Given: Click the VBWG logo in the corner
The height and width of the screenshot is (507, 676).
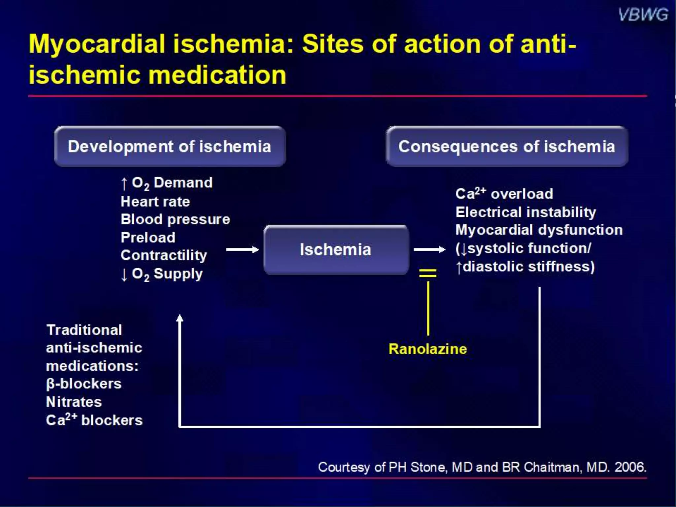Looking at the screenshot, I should click(643, 15).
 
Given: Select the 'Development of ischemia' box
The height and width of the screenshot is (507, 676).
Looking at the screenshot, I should click(170, 146).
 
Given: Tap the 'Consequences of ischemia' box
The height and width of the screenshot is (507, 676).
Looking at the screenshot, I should click(507, 146).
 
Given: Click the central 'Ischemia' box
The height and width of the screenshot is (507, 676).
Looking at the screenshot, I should click(336, 250).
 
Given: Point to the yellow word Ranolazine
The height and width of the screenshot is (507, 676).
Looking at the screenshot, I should click(428, 349).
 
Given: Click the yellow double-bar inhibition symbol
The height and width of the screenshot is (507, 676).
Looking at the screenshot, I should click(428, 273).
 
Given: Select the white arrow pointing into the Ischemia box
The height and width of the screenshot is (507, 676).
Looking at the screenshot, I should click(242, 250).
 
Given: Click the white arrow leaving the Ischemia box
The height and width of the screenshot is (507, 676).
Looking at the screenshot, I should click(429, 250).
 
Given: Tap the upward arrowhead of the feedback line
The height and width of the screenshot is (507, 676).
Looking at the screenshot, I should click(180, 318).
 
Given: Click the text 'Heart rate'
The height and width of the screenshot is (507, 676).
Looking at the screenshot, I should click(155, 202).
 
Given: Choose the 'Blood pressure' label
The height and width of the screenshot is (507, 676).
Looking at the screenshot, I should click(175, 220).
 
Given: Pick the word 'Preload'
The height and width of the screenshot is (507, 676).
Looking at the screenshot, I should click(148, 237).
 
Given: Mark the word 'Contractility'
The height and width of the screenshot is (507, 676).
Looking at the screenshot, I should click(164, 255).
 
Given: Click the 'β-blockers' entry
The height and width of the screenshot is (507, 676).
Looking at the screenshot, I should click(84, 384).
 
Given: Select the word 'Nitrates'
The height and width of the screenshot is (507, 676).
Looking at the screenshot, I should click(74, 402).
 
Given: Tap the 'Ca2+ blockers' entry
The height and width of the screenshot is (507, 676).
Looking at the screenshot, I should click(94, 420).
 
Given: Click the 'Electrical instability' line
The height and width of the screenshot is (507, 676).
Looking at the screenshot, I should click(526, 212).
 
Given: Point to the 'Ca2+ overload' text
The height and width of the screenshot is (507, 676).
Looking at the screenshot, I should click(504, 194).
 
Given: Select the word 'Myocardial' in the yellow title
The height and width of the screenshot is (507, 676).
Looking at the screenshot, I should click(97, 44).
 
